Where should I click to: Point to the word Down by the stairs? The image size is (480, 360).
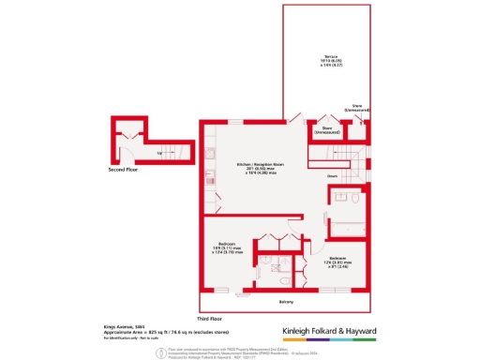tap(332, 175)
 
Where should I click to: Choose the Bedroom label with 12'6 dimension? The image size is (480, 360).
tap(341, 258)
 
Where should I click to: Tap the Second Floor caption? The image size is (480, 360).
tap(123, 171)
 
